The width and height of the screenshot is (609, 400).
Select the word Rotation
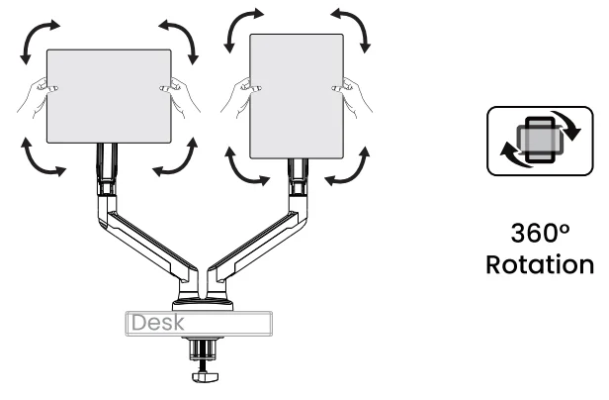[x=541, y=266]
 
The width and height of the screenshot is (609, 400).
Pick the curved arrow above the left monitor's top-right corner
[x=179, y=37]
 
